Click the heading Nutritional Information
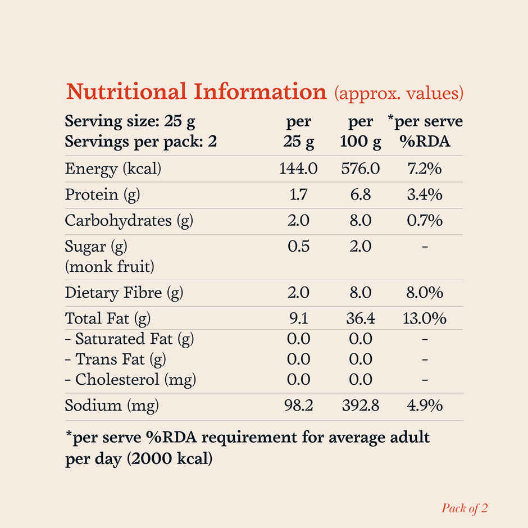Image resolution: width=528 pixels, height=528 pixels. click(x=196, y=92)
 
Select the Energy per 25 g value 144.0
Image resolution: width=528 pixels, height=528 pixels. click(x=298, y=169)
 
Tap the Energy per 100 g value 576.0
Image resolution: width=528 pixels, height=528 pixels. click(x=360, y=169)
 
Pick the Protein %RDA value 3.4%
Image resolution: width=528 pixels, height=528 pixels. click(x=425, y=195)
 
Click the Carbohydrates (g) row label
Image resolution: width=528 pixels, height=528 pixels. click(x=129, y=221)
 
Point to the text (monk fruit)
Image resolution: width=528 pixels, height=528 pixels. click(x=109, y=266)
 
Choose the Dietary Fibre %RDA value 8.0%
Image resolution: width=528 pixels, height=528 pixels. click(x=425, y=293)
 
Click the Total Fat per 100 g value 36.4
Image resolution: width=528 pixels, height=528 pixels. click(x=360, y=319)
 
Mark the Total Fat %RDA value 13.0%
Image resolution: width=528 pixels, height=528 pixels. click(x=425, y=319)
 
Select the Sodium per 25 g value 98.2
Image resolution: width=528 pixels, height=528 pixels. click(x=298, y=406)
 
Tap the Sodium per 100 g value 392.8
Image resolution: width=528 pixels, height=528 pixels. click(x=360, y=406)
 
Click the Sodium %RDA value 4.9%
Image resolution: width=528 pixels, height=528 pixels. click(x=425, y=406)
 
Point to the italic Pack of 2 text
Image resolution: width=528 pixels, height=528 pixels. click(x=465, y=508)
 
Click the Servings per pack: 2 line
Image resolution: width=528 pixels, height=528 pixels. click(x=140, y=142)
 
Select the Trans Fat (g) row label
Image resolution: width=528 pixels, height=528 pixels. click(x=115, y=359)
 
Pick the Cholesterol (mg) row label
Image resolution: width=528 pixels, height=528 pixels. click(x=130, y=380)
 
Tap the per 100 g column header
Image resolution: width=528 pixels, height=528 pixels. click(x=360, y=132)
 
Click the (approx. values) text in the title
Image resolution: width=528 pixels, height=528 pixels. click(x=399, y=93)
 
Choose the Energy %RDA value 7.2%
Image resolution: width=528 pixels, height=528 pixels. click(x=425, y=169)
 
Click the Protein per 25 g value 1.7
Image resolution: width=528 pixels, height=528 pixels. click(x=298, y=195)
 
